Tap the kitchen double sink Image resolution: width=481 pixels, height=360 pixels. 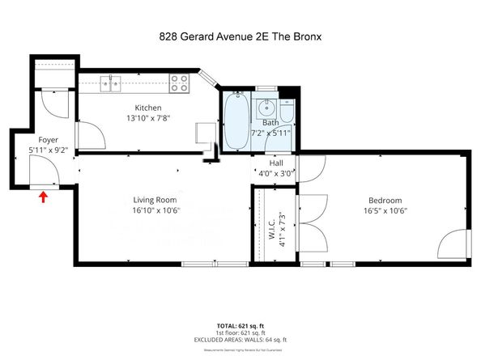point(110,81)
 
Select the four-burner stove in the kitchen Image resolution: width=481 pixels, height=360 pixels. point(180,82)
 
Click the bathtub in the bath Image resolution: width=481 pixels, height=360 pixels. point(236,122)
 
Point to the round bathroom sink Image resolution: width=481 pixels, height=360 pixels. point(266,107)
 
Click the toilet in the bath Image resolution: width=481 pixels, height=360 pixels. point(287,106)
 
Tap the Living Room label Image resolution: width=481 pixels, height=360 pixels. point(155,200)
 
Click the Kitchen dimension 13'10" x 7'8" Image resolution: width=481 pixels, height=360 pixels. point(148,118)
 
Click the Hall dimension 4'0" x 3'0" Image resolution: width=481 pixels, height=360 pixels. point(275,172)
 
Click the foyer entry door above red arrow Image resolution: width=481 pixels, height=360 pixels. point(41,170)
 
